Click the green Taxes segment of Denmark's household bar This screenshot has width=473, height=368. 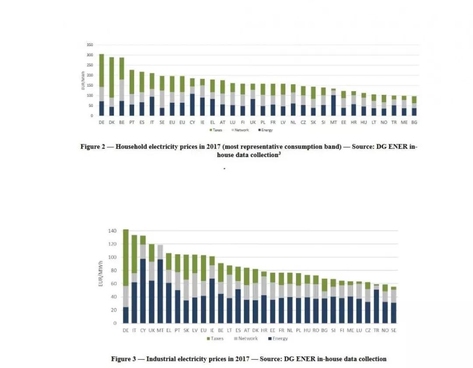click(x=111, y=77)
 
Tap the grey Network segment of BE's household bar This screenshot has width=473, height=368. click(x=121, y=90)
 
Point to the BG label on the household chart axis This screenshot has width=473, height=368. click(x=413, y=123)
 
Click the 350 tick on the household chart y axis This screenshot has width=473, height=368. click(x=90, y=45)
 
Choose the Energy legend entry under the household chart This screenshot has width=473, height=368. click(x=265, y=130)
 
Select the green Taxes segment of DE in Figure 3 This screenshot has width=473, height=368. click(x=126, y=258)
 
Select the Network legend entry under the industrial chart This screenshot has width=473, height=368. click(x=248, y=339)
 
